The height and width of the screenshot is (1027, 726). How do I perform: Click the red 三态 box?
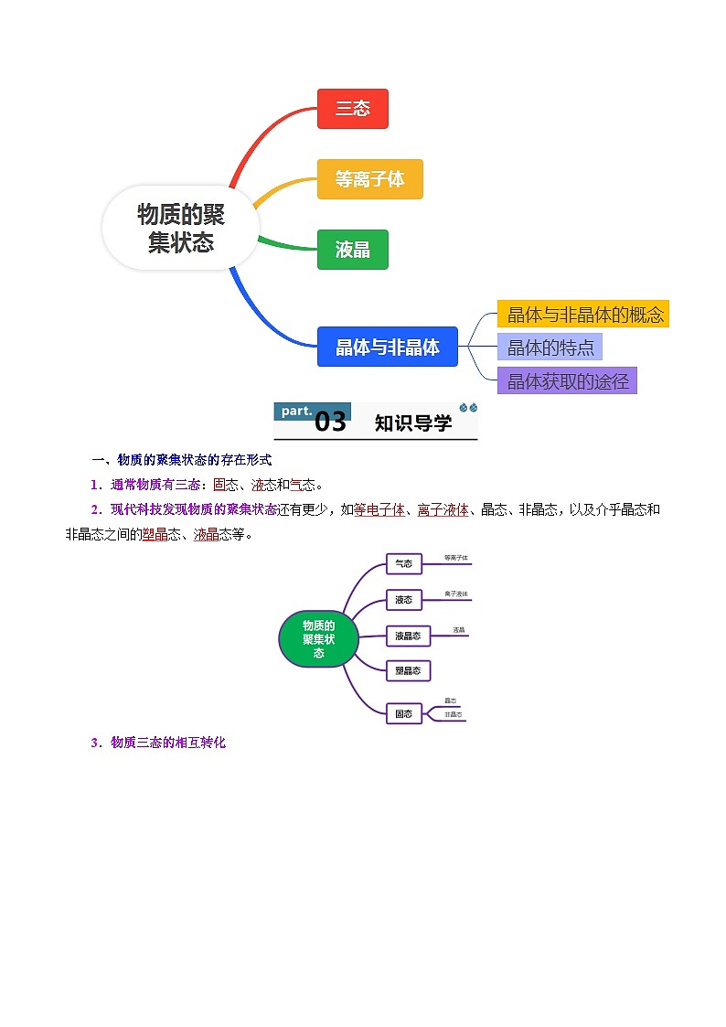[352, 109]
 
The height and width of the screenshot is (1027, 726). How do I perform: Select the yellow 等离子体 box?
[369, 179]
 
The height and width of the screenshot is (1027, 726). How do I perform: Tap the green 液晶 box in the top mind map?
[352, 250]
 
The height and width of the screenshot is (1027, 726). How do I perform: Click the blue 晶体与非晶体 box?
[387, 347]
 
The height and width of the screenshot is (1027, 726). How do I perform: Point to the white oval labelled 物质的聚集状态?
[181, 228]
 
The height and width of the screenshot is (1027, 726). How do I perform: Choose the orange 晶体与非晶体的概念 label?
[583, 315]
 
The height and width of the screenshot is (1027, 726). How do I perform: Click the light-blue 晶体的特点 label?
[550, 348]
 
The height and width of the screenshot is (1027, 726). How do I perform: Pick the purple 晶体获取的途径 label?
[567, 381]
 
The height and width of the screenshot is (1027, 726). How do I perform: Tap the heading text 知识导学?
[412, 423]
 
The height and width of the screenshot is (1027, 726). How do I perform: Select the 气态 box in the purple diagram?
[403, 564]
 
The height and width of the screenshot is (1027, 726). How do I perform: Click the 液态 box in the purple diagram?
[403, 600]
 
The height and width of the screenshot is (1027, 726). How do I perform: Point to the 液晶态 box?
[408, 636]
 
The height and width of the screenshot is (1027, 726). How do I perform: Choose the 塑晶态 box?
[408, 670]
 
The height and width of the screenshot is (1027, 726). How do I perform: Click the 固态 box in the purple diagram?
[403, 713]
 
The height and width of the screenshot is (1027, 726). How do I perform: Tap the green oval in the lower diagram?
[318, 638]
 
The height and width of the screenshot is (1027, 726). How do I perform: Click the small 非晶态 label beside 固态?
[453, 714]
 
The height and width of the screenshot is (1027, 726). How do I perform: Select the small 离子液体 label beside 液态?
[456, 594]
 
